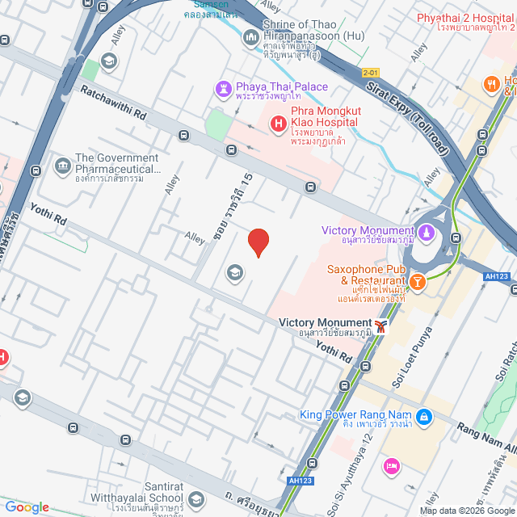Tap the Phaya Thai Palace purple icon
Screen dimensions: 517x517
[x=223, y=87]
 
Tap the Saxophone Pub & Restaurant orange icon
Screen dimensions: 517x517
[x=417, y=281]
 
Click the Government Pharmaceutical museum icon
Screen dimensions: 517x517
[x=62, y=166]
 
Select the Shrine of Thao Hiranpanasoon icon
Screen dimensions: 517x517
[x=251, y=36]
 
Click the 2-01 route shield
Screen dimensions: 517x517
[x=371, y=72]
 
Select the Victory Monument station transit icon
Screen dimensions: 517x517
[x=380, y=326]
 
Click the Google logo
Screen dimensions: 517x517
[x=27, y=506]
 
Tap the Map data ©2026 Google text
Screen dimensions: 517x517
[x=466, y=510]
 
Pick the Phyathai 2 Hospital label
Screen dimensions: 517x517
[x=465, y=18]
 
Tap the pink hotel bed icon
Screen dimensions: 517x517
[x=393, y=465]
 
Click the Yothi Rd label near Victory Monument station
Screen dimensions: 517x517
[x=334, y=351]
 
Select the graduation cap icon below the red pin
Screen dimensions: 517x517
[x=235, y=272]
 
